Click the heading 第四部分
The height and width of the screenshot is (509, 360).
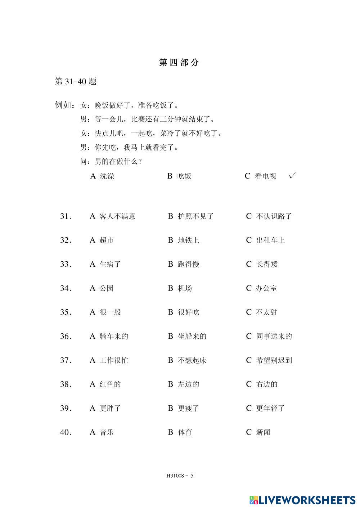pos(179,63)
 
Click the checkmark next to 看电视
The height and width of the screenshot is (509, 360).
pos(292,176)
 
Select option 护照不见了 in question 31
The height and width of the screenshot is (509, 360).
pos(195,216)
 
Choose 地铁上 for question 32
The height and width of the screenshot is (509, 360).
pos(188,240)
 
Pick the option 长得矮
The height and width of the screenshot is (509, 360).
pos(267,264)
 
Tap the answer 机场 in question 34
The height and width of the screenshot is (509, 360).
pos(185,288)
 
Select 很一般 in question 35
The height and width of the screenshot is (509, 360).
pos(110,312)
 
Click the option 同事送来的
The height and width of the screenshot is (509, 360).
pos(274,336)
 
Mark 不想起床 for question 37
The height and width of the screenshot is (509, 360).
pos(192,360)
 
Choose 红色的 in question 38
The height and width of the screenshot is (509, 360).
pos(110,384)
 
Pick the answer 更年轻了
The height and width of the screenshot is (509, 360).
pos(270,408)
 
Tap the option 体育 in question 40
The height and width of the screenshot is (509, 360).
pos(185,432)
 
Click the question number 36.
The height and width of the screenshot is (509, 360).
pos(66,336)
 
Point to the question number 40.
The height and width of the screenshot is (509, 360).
pos(66,432)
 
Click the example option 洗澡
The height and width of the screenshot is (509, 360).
pos(107,176)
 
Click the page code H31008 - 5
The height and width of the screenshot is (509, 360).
pos(180,476)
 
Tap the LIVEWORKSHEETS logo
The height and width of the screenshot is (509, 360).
pos(302,500)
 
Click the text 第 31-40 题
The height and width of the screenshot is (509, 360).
pos(76,81)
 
